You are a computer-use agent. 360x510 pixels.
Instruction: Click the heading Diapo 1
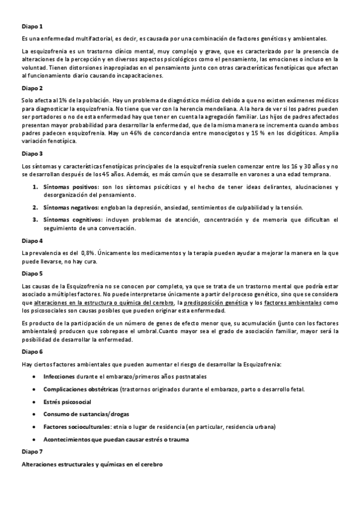(32, 26)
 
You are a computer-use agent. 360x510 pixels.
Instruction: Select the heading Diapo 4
(32, 241)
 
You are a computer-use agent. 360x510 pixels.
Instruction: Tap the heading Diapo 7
(32, 451)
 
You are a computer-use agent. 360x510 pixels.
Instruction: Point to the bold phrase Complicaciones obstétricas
(81, 389)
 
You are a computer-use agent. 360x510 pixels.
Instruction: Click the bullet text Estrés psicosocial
(67, 401)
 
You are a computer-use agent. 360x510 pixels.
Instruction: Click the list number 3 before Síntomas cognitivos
(35, 220)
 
